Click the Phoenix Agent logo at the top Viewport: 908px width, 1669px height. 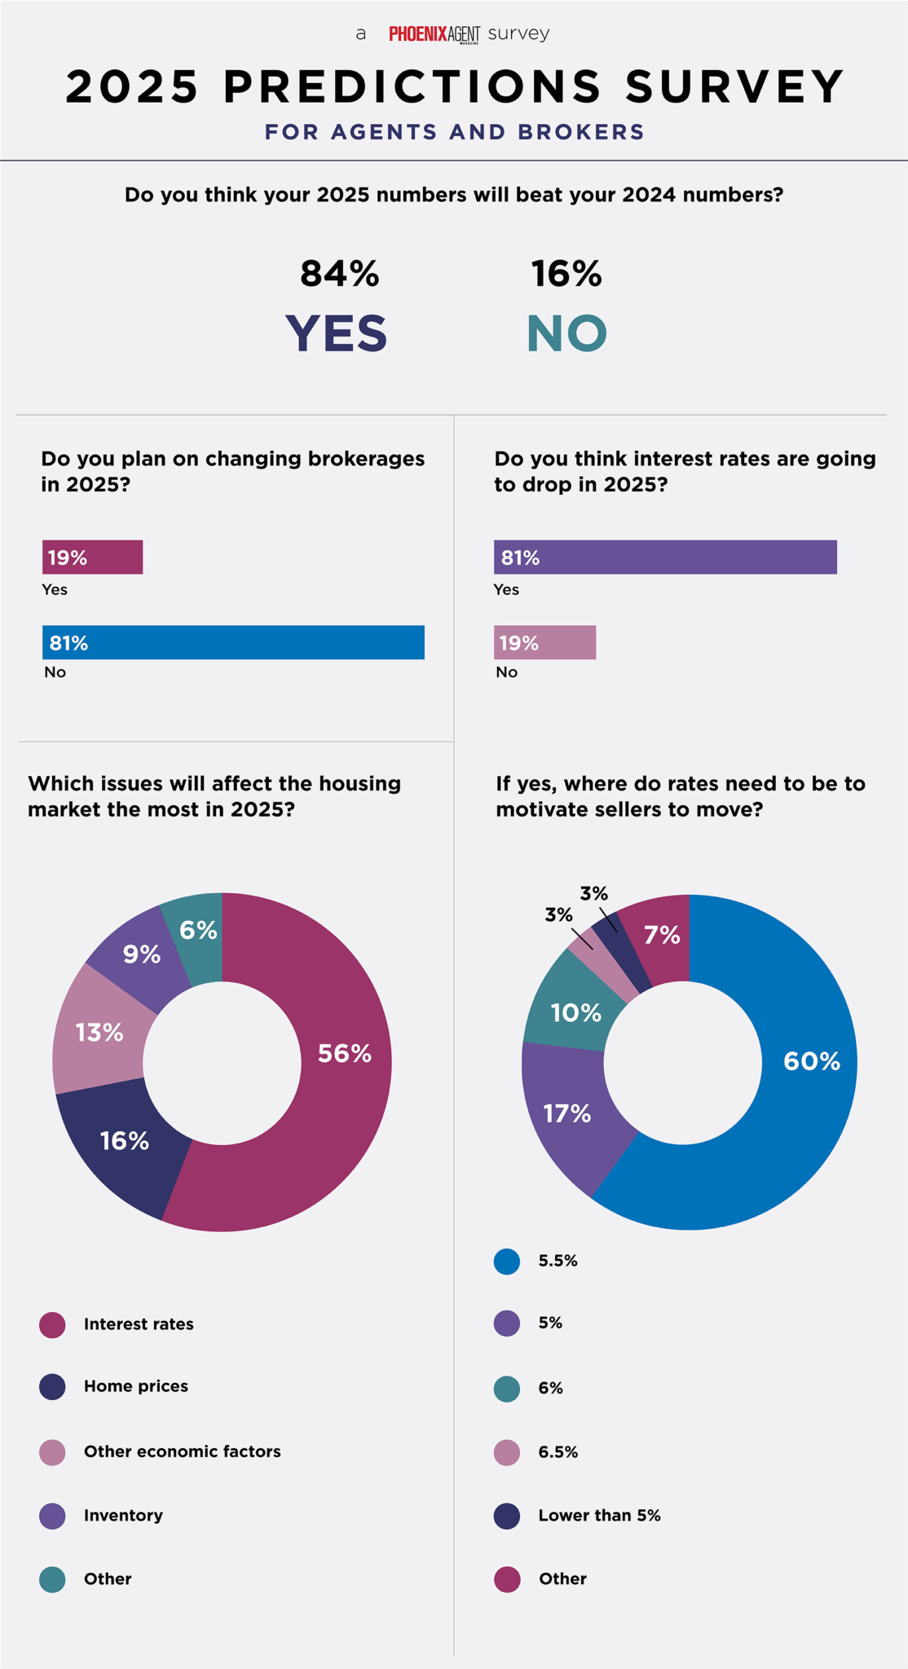pos(434,34)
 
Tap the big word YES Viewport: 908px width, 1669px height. pos(336,333)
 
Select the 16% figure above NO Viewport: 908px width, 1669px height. pos(566,274)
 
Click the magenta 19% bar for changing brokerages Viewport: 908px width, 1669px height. pos(93,557)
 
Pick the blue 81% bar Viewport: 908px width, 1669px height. pos(233,642)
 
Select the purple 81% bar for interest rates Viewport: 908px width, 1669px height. pos(665,557)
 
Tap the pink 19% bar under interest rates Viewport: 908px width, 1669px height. pos(544,642)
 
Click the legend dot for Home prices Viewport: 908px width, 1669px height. pos(52,1387)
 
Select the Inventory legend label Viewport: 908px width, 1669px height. pos(123,1515)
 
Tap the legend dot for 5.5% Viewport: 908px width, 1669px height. pos(507,1262)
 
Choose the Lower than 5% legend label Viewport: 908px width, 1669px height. pos(599,1515)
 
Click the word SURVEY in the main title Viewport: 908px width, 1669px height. pos(734,86)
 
